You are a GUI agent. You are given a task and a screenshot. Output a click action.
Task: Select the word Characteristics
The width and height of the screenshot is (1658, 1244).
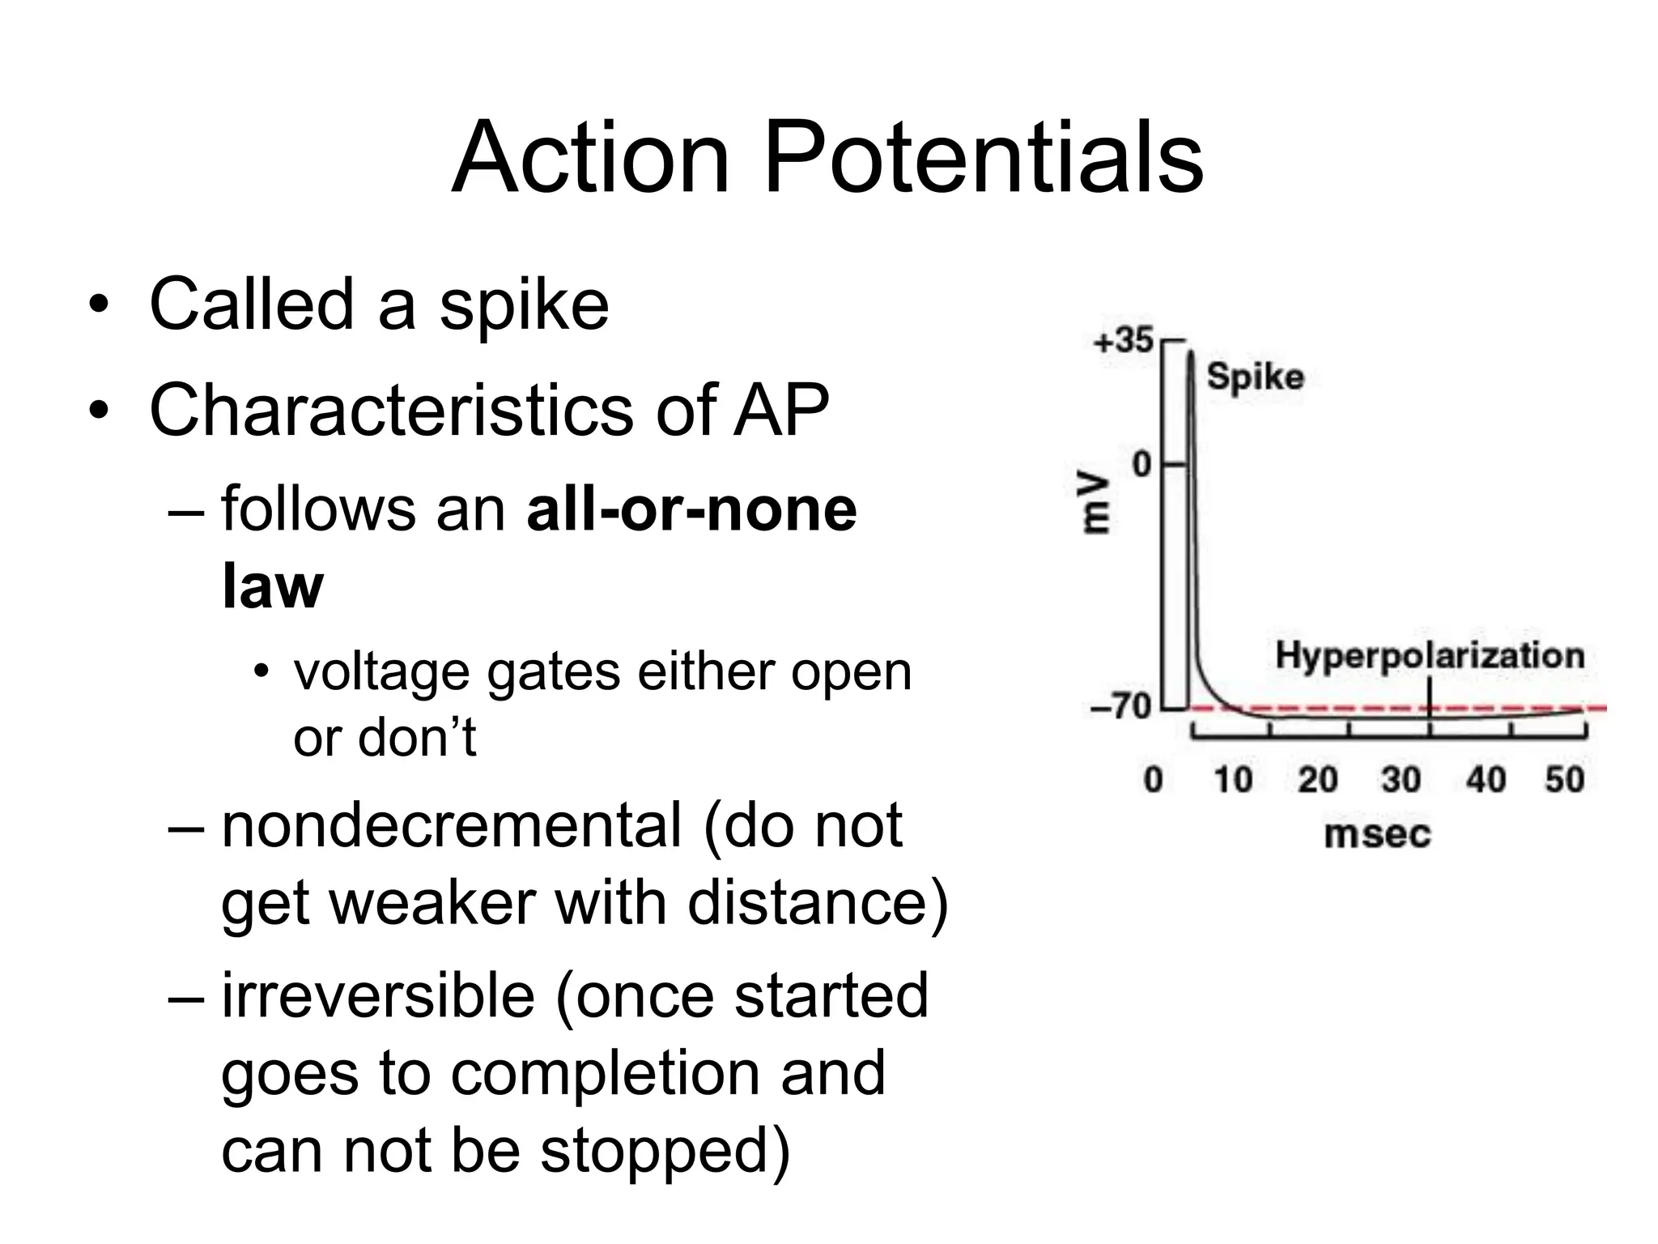[x=392, y=411]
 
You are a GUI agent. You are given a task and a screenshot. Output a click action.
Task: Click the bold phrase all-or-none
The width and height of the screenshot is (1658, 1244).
[x=691, y=510]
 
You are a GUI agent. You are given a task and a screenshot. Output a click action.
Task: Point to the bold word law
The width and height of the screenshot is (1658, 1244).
[x=272, y=586]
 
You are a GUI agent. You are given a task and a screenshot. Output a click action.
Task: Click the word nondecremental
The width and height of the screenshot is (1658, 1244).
[x=452, y=826]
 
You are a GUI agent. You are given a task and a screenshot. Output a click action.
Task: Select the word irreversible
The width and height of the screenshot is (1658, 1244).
[x=378, y=996]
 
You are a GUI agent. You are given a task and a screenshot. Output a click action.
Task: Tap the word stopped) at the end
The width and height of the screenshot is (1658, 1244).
[x=665, y=1150]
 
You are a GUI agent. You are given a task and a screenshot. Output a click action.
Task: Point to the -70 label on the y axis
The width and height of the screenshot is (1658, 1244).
[x=1120, y=707]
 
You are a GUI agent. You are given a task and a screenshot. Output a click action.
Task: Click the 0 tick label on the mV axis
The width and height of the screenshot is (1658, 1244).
[x=1141, y=465]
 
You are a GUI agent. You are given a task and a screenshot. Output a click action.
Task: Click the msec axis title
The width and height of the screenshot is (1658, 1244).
[x=1377, y=834]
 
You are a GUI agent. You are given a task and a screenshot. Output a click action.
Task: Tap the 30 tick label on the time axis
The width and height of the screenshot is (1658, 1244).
[x=1401, y=779]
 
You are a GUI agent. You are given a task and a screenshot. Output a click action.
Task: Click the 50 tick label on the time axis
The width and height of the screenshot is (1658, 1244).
[x=1564, y=779]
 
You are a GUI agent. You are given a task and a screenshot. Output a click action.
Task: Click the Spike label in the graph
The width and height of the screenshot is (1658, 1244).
[x=1255, y=377]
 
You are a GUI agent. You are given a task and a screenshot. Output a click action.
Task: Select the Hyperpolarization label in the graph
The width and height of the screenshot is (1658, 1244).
[x=1430, y=656]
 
